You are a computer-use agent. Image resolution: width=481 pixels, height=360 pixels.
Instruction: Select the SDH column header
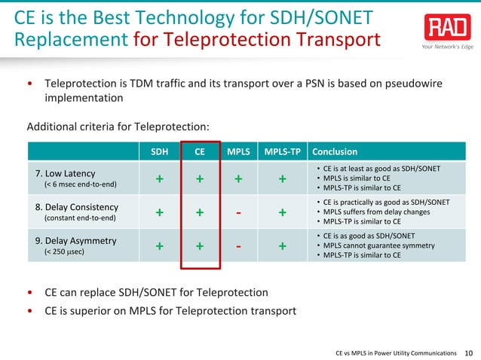coord(159,150)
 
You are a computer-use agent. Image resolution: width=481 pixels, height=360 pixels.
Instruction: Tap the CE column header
coord(200,150)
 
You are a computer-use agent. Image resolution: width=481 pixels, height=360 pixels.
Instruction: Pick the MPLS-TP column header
coord(281,150)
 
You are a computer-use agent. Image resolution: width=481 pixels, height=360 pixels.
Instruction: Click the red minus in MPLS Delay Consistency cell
coord(238,212)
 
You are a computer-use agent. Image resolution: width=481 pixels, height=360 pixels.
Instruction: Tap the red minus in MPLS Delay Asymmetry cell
coord(238,246)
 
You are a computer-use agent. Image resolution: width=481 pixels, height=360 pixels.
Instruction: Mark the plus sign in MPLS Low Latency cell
coord(238,179)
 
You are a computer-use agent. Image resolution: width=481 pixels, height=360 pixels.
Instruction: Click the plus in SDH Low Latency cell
coord(159,179)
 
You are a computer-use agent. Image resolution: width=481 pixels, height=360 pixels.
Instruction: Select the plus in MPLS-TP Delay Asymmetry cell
coord(281,246)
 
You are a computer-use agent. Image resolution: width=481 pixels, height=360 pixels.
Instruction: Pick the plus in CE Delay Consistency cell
coord(200,212)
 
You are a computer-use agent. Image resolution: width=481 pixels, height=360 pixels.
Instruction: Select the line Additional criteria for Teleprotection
coord(118,126)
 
